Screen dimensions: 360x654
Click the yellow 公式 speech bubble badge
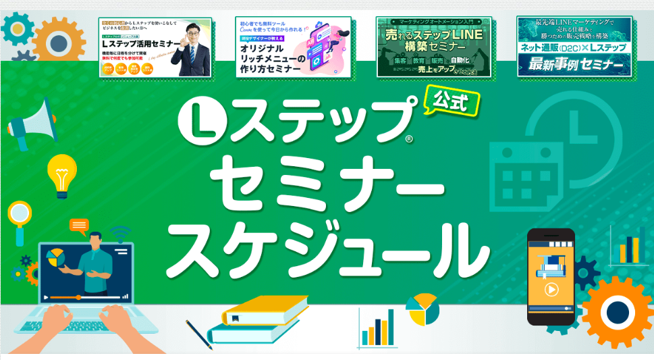click(452, 102)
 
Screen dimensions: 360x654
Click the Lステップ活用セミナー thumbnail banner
click(155, 47)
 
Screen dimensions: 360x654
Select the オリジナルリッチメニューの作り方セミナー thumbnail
click(294, 47)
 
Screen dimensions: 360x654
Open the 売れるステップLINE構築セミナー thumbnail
click(434, 47)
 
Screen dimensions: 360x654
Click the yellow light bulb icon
click(61, 173)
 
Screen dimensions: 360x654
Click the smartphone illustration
click(550, 276)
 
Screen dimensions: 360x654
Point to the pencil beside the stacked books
click(199, 334)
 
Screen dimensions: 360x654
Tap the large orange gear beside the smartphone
click(616, 311)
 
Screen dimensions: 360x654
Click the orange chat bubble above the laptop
click(79, 225)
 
